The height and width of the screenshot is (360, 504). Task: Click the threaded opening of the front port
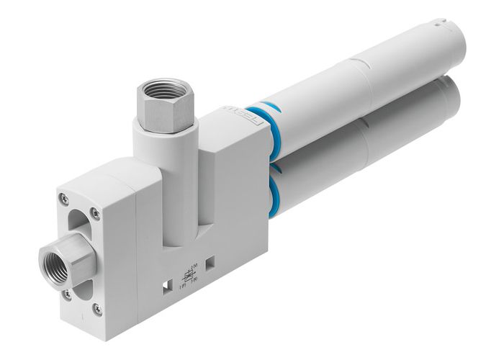point(53,254)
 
